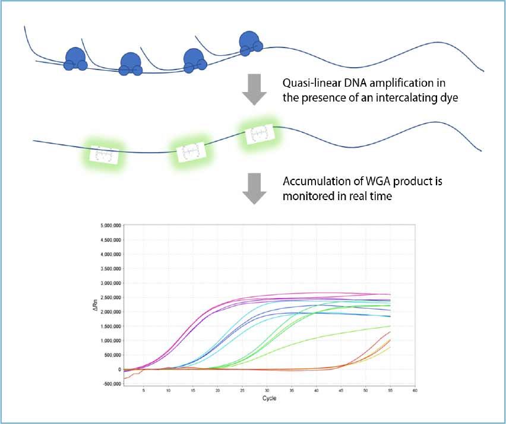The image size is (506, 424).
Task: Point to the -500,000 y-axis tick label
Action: [110, 384]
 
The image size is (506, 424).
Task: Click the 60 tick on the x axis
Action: [415, 391]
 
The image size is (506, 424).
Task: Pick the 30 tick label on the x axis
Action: [267, 391]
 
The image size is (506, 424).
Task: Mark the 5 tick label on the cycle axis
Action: [144, 391]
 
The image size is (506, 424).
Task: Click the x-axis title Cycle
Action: [269, 398]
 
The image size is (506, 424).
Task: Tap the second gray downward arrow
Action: [254, 188]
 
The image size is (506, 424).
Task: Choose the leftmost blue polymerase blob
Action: [75, 59]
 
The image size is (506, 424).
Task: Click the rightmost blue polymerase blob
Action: [249, 43]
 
